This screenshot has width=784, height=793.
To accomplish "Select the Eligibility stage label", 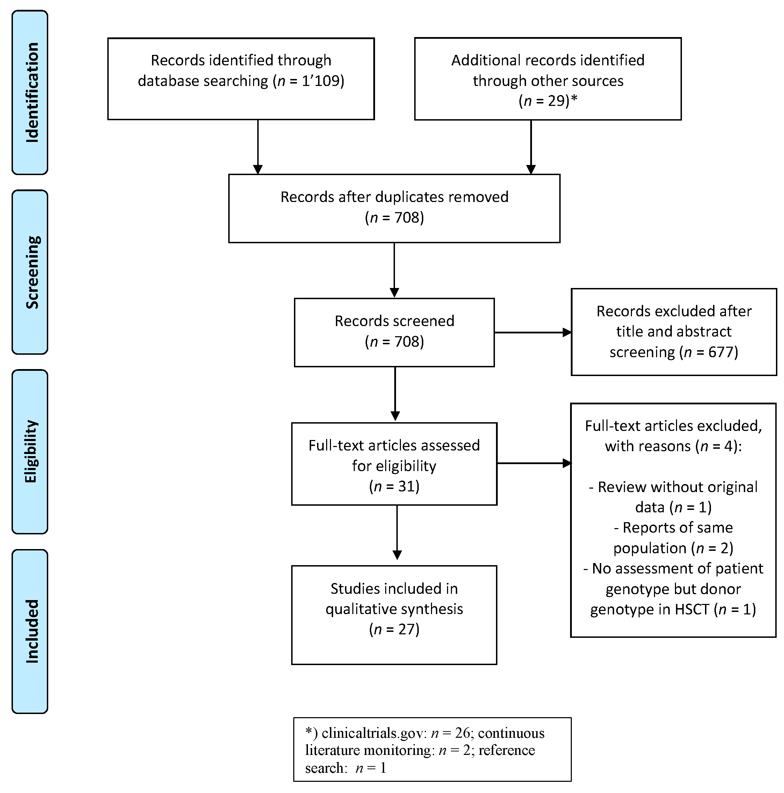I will tap(30, 452).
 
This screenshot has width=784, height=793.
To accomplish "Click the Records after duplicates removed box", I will tap(394, 208).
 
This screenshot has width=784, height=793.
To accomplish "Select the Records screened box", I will tap(394, 332).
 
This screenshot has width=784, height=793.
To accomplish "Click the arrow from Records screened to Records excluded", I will tap(532, 332).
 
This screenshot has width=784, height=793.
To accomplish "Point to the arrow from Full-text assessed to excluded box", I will tap(534, 463).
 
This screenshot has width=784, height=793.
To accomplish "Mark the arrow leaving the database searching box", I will tap(258, 146).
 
